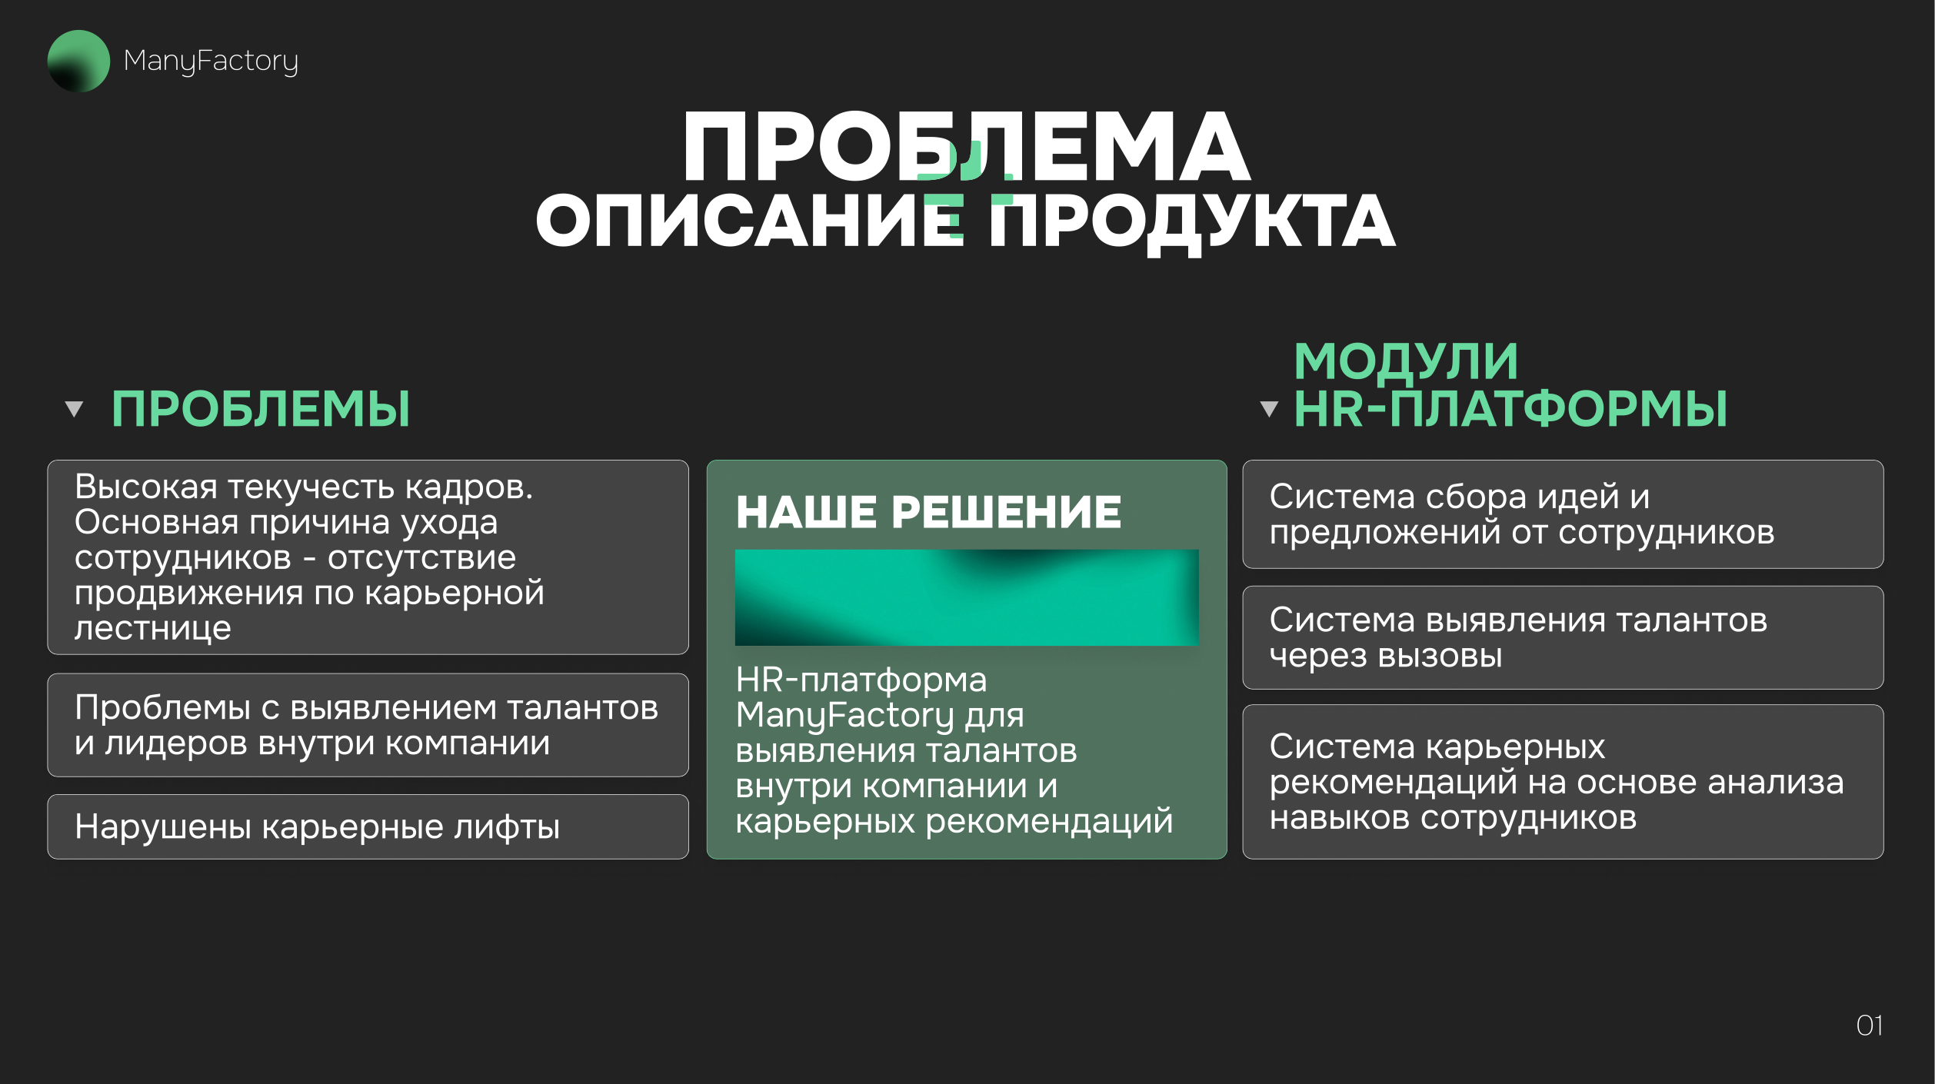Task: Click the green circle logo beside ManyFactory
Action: pos(78,61)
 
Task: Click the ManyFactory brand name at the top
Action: pos(211,62)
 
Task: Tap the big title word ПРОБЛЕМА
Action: pos(967,146)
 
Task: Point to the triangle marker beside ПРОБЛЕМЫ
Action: pos(74,409)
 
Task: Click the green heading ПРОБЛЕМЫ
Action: pos(261,409)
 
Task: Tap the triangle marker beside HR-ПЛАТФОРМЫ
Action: pos(1269,409)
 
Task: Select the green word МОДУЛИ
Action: pos(1406,361)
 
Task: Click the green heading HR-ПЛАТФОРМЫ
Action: pos(1510,409)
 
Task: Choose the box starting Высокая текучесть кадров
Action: pos(368,557)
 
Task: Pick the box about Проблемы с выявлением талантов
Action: pos(368,725)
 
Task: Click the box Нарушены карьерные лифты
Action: pos(368,826)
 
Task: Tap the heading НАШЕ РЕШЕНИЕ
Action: pos(928,512)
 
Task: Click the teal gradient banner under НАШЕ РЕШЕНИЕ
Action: pos(967,597)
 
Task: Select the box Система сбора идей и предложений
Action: pos(1563,514)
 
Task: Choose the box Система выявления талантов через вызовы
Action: pos(1563,637)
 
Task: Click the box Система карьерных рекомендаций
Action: pos(1563,782)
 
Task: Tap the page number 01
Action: pos(1869,1026)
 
